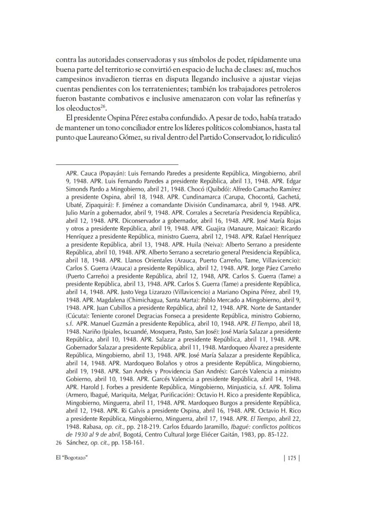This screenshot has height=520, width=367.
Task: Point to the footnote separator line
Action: (117, 152)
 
